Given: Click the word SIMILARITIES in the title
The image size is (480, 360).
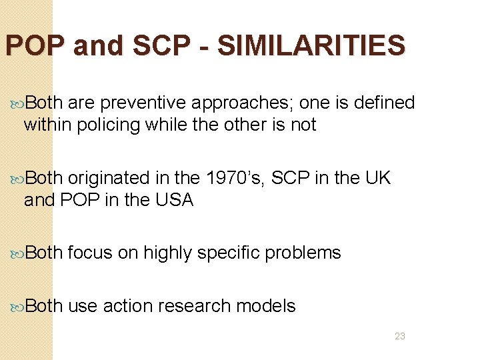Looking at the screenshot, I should [x=311, y=46].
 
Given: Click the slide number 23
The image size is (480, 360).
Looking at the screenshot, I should [x=400, y=336].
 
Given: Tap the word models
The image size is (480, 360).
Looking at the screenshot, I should [x=270, y=306].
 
